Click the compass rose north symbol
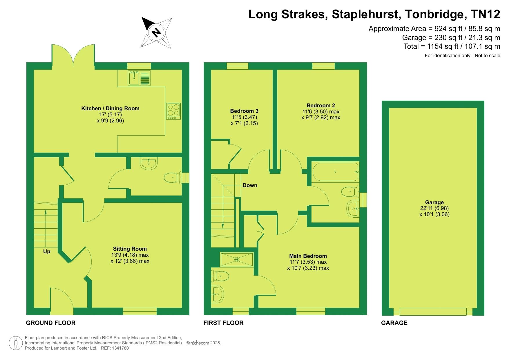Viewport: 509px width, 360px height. [156, 32]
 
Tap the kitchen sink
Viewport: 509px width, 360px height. [139, 78]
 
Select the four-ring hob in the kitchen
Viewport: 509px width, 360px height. [173, 111]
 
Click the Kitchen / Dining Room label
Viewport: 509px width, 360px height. [110, 108]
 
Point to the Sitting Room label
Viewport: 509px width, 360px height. [130, 249]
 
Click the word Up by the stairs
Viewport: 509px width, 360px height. [47, 252]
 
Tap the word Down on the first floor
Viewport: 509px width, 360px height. [250, 185]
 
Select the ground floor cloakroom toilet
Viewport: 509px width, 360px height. [173, 177]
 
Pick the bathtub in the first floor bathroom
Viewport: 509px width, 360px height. [336, 172]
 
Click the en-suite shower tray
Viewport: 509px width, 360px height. [237, 259]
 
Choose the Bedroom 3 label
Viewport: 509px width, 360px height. [244, 111]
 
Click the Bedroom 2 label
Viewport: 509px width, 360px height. [321, 105]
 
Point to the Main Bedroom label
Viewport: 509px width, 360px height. [308, 256]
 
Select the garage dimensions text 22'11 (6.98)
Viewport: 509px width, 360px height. [434, 208]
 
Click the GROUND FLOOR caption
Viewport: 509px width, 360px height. [51, 323]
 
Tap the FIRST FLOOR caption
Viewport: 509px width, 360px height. [223, 323]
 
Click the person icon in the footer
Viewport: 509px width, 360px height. [16, 343]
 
